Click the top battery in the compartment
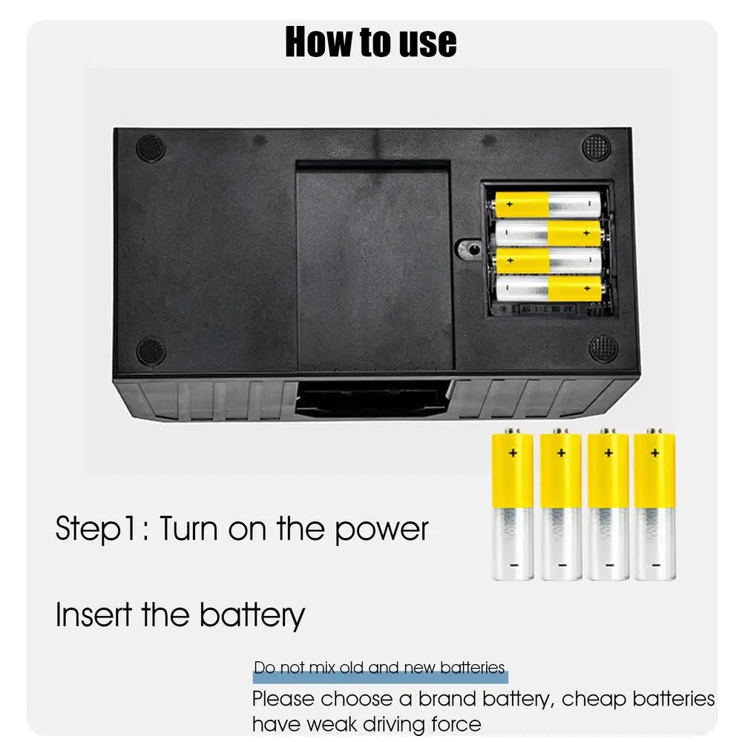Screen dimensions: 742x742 click(x=546, y=205)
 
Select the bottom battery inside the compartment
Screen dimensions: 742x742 click(x=548, y=289)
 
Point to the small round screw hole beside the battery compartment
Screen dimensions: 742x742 click(x=470, y=249)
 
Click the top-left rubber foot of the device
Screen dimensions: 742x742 click(x=151, y=148)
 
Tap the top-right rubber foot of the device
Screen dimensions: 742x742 click(x=596, y=148)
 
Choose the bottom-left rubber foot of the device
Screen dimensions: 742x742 click(x=151, y=352)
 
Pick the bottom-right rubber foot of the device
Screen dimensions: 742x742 click(x=603, y=349)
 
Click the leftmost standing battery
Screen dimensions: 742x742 click(x=513, y=505)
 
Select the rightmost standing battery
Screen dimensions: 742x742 click(x=654, y=505)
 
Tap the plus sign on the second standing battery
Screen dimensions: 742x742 click(x=561, y=453)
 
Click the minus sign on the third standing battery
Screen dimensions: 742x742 click(x=609, y=565)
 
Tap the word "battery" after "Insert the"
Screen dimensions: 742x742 click(x=252, y=616)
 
